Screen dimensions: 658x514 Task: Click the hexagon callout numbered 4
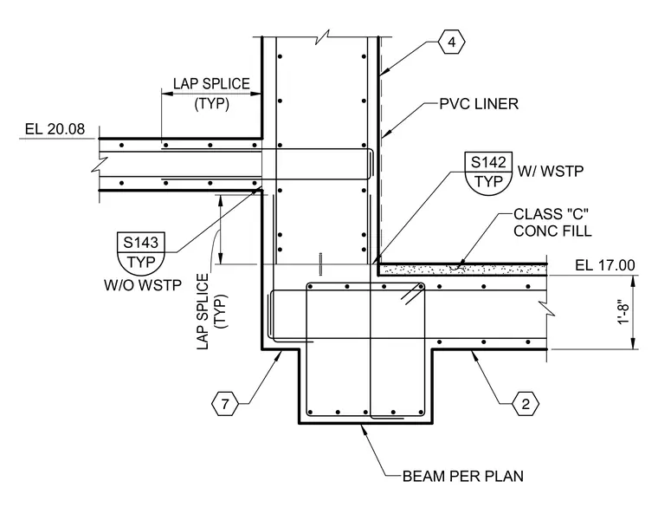[452, 42]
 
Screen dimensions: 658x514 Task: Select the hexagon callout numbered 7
[225, 404]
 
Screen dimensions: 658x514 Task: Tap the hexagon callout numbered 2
[526, 404]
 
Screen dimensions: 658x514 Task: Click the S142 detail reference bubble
[488, 172]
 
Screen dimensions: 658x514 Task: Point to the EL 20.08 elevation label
[55, 128]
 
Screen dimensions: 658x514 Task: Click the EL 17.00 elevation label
[604, 265]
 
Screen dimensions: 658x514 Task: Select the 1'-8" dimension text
[624, 312]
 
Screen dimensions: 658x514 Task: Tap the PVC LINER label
[479, 104]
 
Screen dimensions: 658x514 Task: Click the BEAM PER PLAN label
[463, 476]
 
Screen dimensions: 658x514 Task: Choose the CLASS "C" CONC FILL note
[552, 222]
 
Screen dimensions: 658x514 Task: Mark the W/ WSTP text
[550, 171]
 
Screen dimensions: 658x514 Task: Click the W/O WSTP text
[143, 285]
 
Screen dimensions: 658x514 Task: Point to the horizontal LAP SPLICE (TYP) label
[211, 94]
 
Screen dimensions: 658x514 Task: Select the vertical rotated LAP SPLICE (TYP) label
[212, 311]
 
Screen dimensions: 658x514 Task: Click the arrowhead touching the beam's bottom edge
[364, 428]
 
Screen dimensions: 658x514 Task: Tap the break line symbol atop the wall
[322, 37]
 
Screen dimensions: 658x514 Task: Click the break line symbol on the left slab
[99, 165]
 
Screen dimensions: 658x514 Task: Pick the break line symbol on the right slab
[547, 308]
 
